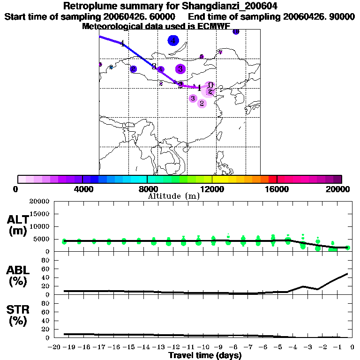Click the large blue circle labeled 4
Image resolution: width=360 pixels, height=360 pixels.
coord(173,41)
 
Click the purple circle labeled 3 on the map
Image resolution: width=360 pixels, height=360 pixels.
coord(180,69)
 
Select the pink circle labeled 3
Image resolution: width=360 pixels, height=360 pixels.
coord(193,98)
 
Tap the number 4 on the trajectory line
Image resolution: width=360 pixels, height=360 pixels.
coord(122,44)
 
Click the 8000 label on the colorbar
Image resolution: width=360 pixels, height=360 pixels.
coord(147,189)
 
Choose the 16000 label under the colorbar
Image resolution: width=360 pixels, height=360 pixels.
coord(277,189)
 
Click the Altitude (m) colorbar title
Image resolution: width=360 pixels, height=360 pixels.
coord(173,196)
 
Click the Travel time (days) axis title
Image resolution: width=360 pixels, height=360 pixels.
coord(205,356)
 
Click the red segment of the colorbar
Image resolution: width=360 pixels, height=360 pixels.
coord(272,179)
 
